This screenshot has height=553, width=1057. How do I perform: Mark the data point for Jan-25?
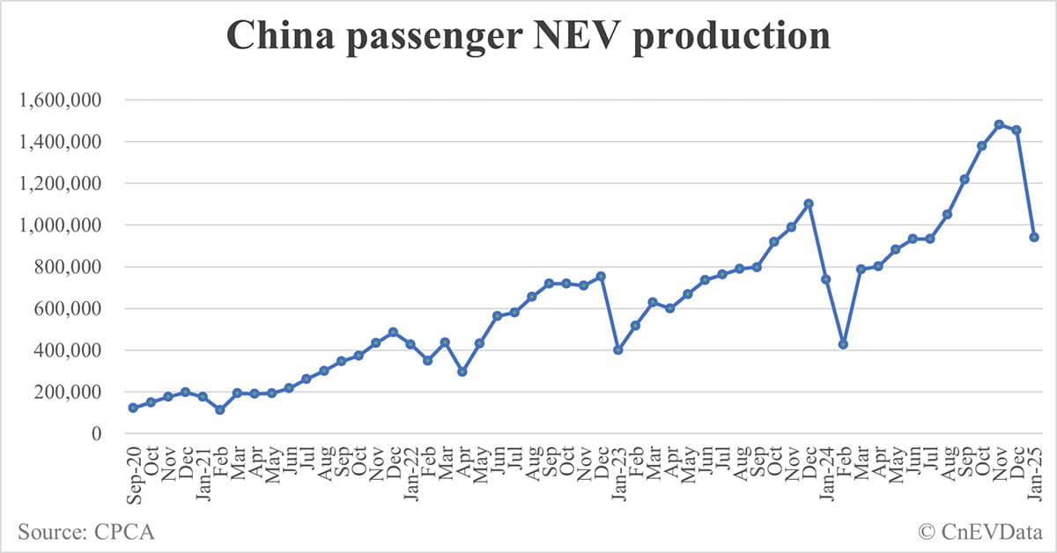(1034, 238)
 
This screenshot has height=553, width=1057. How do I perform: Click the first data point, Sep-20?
(133, 408)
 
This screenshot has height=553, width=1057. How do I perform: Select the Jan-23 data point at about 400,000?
(618, 350)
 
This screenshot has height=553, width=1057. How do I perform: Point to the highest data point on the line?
(999, 124)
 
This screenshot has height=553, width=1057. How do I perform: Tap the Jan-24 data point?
(826, 279)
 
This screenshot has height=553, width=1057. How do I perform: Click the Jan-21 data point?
(203, 397)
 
